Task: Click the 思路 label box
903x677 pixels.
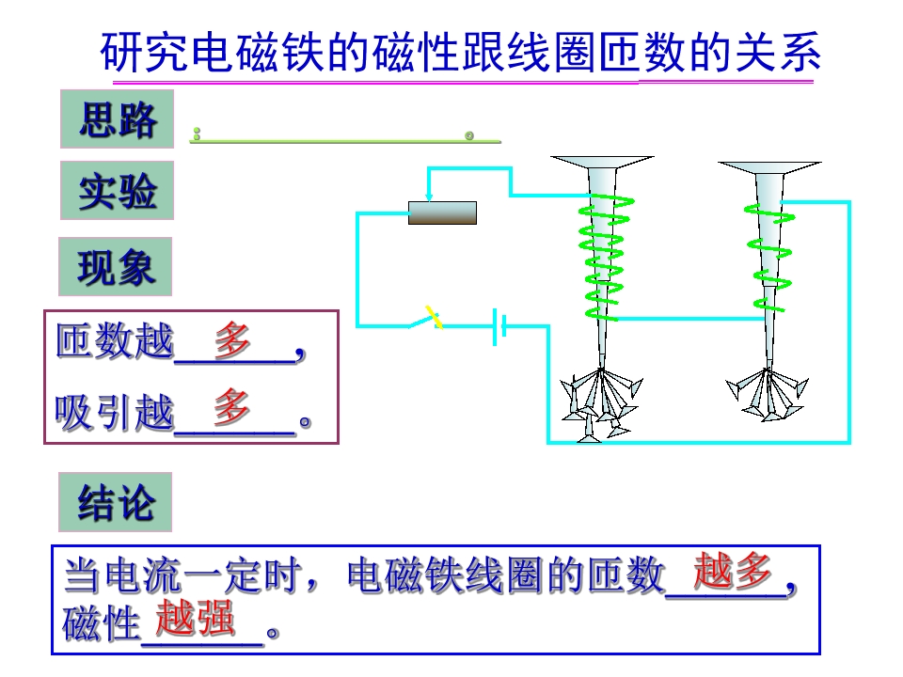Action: point(118,119)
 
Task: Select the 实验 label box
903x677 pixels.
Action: point(118,191)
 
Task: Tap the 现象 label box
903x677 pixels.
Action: point(116,267)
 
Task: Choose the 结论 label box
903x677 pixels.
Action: point(116,502)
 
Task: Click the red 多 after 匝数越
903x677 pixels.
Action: point(232,338)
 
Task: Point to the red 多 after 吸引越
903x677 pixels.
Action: point(232,406)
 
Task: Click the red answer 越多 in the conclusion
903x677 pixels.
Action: point(732,571)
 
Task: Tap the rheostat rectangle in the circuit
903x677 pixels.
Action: point(442,213)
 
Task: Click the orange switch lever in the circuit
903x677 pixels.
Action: point(434,317)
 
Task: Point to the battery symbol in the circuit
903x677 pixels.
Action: point(499,327)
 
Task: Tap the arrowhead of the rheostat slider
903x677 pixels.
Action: point(429,197)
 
